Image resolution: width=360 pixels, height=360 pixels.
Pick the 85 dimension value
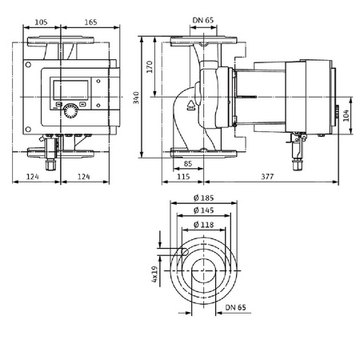[x=186, y=165]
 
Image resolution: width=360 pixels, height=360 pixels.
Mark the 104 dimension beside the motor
[x=346, y=117]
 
